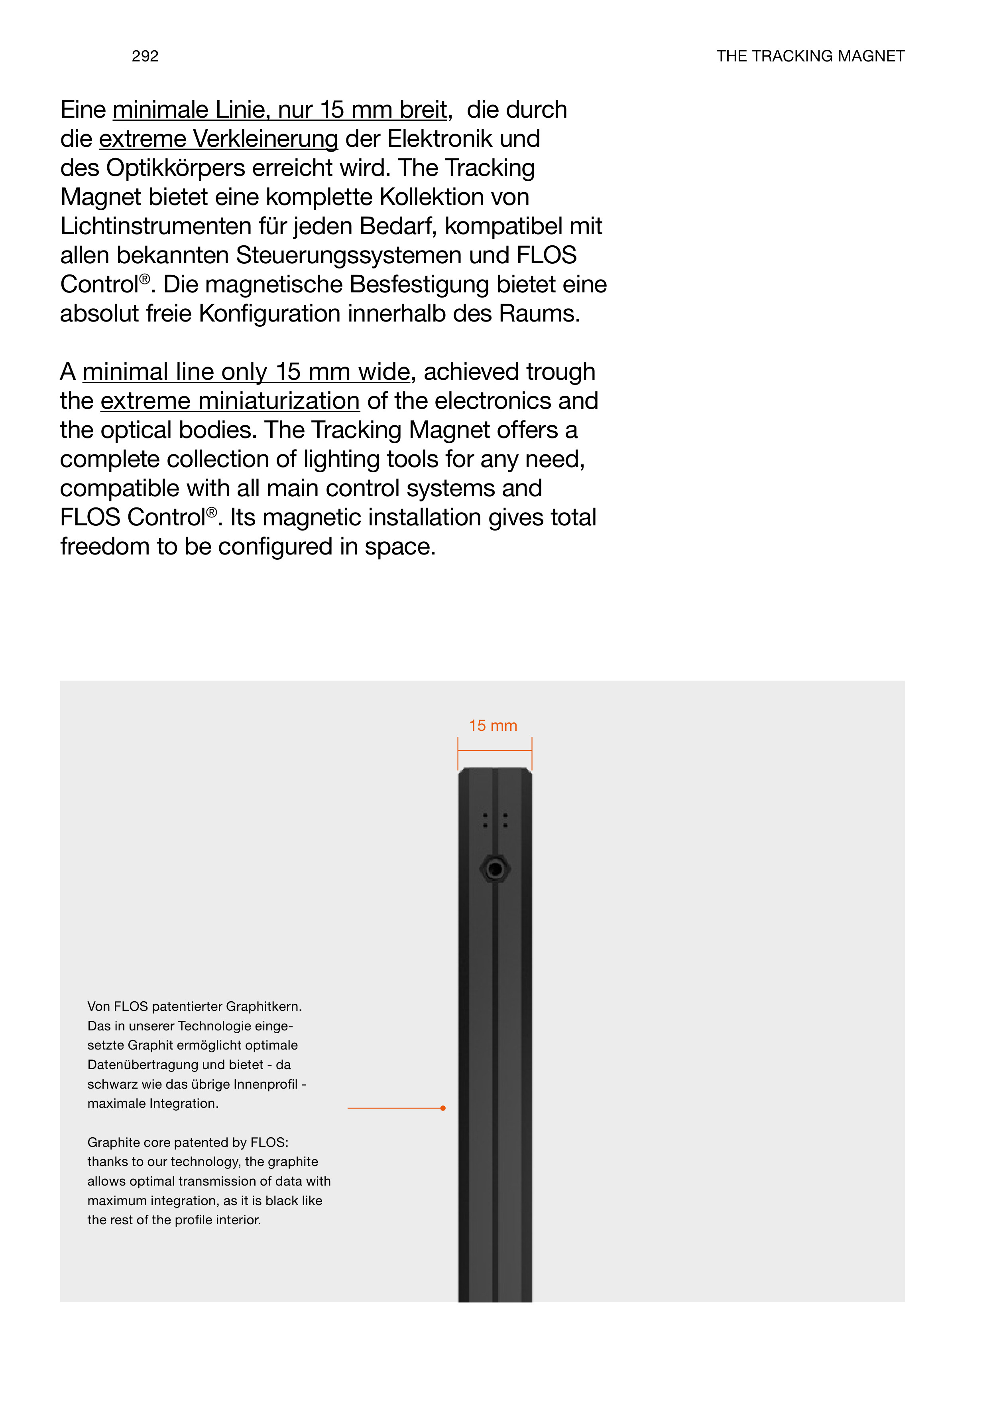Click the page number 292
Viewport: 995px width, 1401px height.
pos(145,56)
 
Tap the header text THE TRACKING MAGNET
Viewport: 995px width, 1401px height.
pos(810,56)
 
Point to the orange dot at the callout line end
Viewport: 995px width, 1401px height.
pos(443,1108)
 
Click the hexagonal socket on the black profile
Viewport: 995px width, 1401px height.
pos(495,869)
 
